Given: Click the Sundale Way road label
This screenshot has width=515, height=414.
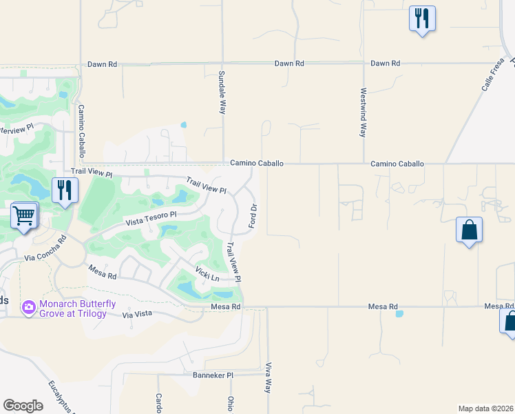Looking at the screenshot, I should pyautogui.click(x=222, y=92).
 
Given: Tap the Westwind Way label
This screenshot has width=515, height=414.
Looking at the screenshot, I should pyautogui.click(x=363, y=112).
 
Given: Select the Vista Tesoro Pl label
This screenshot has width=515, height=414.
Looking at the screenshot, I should pyautogui.click(x=151, y=219).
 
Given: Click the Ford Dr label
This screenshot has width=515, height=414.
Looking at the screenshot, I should pyautogui.click(x=253, y=217).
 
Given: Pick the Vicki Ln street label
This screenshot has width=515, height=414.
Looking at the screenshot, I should pyautogui.click(x=207, y=274).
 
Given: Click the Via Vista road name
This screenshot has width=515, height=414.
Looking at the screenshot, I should pyautogui.click(x=136, y=315).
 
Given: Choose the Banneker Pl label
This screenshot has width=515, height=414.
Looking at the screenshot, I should pyautogui.click(x=213, y=376).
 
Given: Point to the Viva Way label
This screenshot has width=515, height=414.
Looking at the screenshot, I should pyautogui.click(x=268, y=377).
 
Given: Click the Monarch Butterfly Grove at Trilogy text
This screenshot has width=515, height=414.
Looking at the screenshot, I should pyautogui.click(x=77, y=308).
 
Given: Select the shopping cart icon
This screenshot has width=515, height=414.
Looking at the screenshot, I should pyautogui.click(x=24, y=216).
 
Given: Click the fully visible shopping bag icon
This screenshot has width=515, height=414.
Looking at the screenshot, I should pyautogui.click(x=469, y=230).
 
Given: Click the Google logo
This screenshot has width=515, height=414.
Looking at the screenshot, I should pyautogui.click(x=23, y=405).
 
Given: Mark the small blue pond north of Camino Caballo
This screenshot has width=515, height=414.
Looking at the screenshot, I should pyautogui.click(x=183, y=126).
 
